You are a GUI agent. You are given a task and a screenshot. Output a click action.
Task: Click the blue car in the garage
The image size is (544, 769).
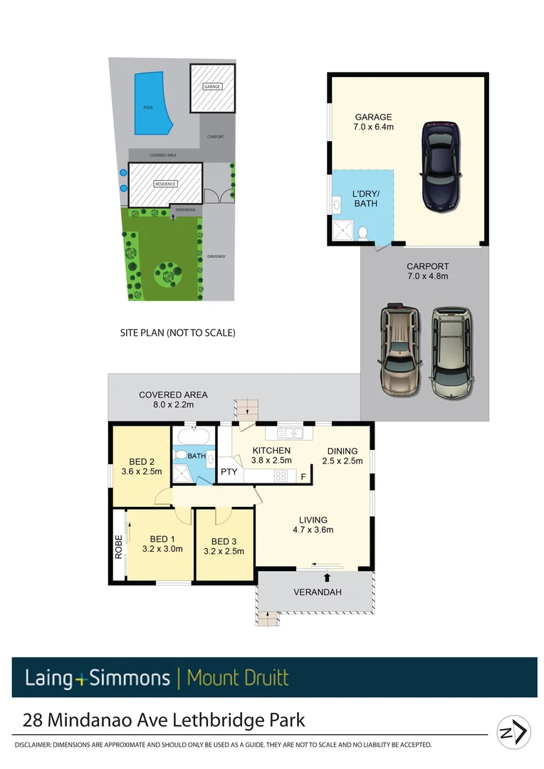(442, 167)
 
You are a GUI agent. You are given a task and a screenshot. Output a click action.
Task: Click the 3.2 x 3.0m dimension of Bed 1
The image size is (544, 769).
(162, 549)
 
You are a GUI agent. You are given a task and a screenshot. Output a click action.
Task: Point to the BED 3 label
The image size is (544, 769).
(224, 540)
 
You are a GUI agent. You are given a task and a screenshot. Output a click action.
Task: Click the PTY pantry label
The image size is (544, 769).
(229, 471)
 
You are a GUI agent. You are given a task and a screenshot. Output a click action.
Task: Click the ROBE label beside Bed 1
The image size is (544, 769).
(120, 546)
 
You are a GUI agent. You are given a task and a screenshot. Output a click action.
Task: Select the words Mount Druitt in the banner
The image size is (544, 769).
(238, 677)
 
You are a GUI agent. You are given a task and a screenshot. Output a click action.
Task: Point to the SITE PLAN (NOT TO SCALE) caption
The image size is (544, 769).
(177, 333)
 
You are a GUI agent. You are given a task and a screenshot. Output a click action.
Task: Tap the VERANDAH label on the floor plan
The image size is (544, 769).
(318, 592)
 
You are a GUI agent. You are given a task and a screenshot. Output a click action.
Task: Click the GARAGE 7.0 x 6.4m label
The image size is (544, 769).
(374, 122)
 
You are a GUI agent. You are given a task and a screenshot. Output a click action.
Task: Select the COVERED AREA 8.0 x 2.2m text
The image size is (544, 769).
(173, 399)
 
